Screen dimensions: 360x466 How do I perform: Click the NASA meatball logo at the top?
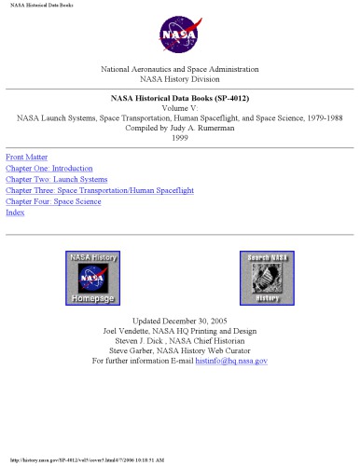[x=179, y=34]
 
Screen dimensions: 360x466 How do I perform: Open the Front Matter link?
[x=26, y=157]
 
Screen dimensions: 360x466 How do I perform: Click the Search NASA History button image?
[x=267, y=279]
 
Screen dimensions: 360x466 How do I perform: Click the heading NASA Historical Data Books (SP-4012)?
[x=180, y=98]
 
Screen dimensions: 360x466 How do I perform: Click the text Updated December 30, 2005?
[x=180, y=320]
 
